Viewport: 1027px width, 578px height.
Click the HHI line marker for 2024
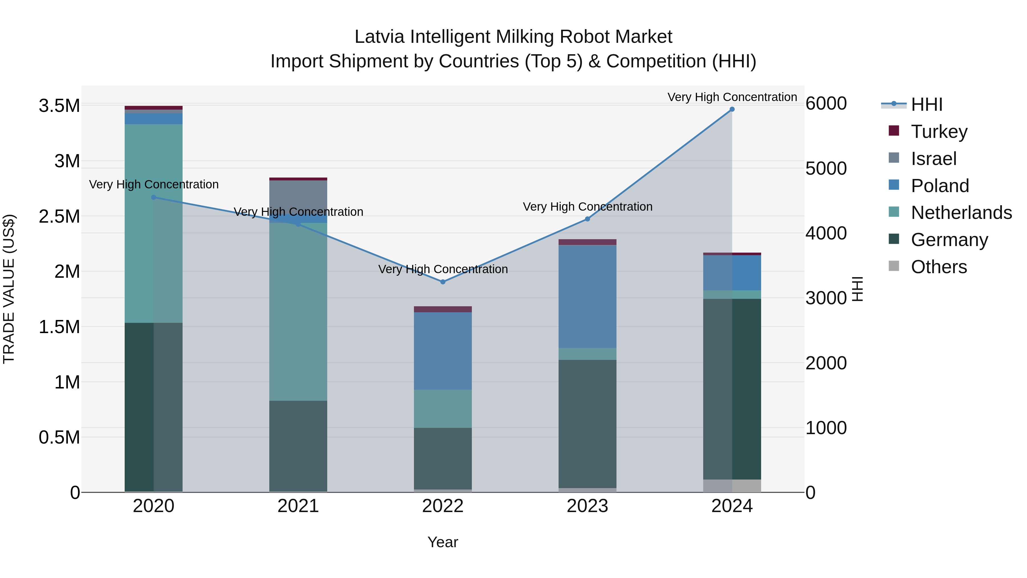(732, 109)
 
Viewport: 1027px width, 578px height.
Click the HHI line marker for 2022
(442, 282)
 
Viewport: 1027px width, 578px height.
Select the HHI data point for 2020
(153, 197)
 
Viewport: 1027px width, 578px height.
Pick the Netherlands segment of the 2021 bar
(298, 311)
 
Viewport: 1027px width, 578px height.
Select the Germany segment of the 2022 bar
(442, 459)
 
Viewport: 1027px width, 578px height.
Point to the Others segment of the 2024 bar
(732, 486)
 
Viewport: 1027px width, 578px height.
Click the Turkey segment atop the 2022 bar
(442, 309)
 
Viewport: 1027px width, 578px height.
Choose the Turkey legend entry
(939, 132)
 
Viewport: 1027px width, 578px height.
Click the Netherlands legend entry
(961, 213)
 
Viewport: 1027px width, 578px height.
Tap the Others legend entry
(939, 267)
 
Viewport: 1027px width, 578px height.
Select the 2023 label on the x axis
(587, 506)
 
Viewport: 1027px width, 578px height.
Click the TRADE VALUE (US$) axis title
(9, 289)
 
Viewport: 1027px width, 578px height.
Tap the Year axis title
(442, 542)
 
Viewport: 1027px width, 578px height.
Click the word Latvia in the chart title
(379, 37)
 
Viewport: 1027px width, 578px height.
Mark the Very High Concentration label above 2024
(732, 97)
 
